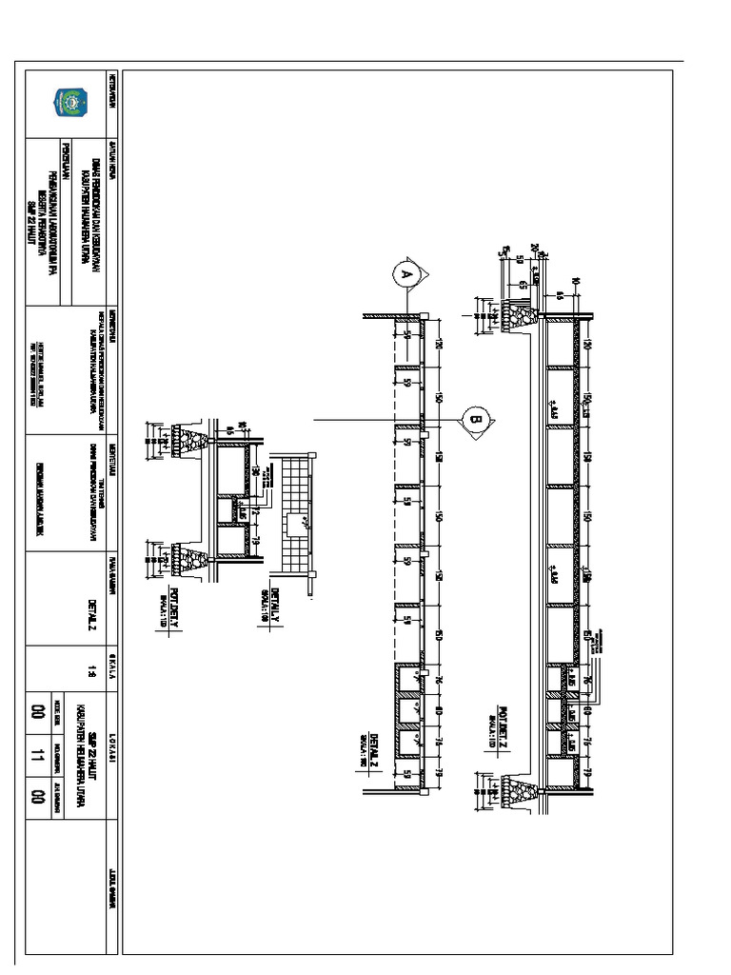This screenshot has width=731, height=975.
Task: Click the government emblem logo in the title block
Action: tap(70, 100)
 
